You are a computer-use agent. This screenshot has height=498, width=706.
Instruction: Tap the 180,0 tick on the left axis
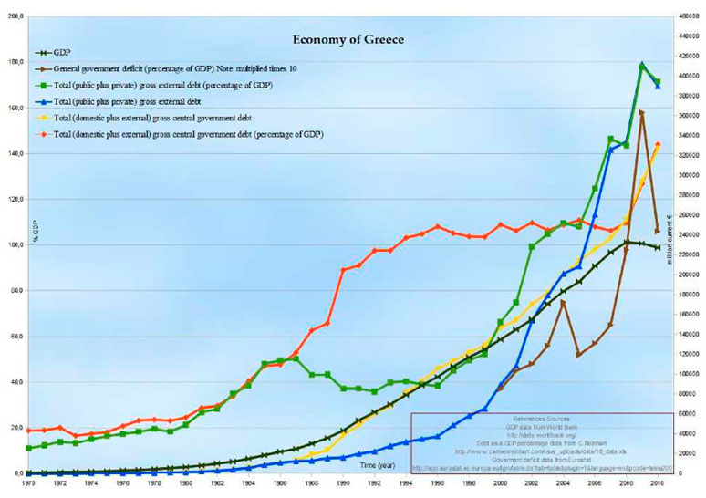[16, 62]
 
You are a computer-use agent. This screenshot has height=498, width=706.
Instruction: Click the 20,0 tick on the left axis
[16, 428]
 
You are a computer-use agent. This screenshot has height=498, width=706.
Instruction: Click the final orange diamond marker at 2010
[658, 144]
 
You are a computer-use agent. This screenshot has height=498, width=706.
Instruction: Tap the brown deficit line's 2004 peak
[564, 301]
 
